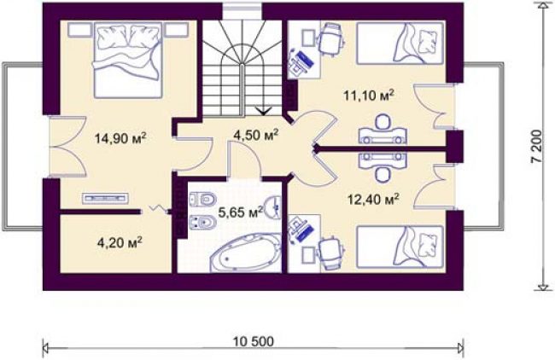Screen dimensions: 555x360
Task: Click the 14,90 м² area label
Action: point(120,138)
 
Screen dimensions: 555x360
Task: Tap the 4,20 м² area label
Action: point(120,242)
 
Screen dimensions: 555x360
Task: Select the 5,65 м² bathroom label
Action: point(240,212)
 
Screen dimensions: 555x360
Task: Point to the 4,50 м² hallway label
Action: point(256,135)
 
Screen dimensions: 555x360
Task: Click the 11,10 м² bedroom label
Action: point(369,96)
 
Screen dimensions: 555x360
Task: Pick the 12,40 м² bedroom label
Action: point(374,200)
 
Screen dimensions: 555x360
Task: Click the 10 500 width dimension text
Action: point(254,341)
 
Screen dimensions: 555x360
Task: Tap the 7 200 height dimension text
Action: point(536,146)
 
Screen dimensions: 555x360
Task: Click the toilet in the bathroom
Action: point(203,200)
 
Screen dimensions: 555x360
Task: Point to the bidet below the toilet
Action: point(203,223)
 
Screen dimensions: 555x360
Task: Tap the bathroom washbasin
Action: point(273,206)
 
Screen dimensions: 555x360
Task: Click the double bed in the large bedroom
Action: point(129,60)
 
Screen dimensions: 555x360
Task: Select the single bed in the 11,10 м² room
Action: point(400,44)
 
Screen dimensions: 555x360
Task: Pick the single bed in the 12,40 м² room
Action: point(400,247)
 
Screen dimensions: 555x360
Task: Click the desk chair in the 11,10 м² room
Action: point(332,39)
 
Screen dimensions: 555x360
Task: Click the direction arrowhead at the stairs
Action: point(264,112)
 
